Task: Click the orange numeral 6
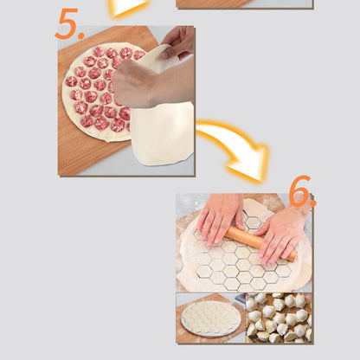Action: (x=299, y=190)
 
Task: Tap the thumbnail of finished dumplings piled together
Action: (x=279, y=318)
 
